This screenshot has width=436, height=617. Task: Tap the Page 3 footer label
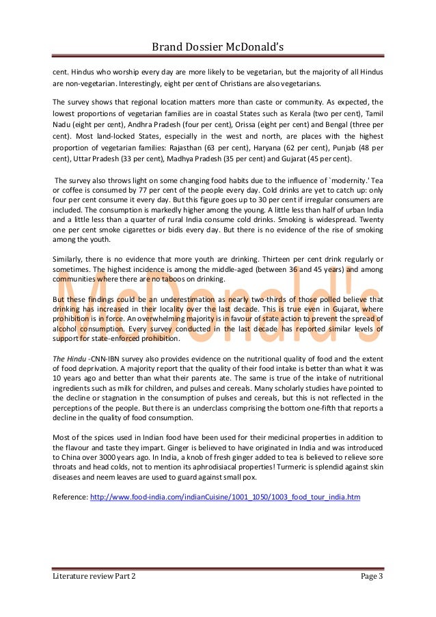point(372,577)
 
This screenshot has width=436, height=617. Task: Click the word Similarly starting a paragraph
point(72,258)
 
